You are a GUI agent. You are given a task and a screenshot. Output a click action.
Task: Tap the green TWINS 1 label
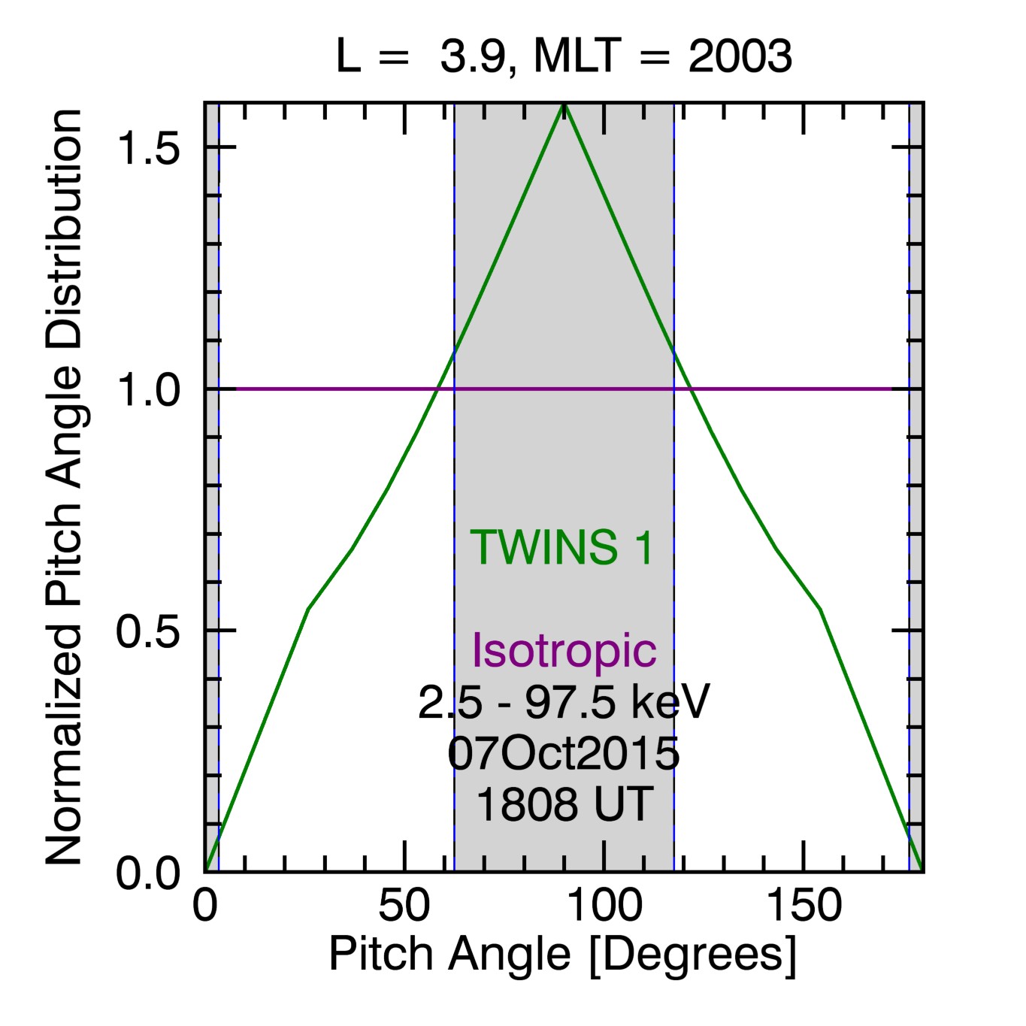(x=562, y=547)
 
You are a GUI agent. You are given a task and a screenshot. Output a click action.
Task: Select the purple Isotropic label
(x=564, y=650)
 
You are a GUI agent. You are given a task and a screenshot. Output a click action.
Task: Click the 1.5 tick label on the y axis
(x=149, y=148)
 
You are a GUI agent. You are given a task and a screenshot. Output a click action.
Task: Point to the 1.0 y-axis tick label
(x=149, y=390)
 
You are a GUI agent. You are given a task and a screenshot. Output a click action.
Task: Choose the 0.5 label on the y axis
(x=149, y=632)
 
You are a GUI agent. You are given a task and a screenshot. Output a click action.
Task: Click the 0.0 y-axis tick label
(x=149, y=873)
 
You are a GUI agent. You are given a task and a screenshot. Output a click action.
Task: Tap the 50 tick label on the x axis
(x=404, y=906)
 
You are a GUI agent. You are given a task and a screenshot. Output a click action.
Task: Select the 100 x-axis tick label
(x=604, y=906)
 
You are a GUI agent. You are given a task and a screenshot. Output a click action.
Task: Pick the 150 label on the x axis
(x=804, y=906)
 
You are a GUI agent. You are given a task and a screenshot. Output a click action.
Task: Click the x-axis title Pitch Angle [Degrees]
(x=562, y=955)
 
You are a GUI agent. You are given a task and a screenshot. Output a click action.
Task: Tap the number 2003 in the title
(x=740, y=56)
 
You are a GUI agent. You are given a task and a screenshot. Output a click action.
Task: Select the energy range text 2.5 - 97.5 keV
(x=564, y=703)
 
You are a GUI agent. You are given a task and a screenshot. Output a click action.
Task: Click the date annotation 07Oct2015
(x=564, y=753)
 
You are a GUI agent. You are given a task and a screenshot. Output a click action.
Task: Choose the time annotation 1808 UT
(x=564, y=804)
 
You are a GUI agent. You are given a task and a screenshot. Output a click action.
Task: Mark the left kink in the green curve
(x=308, y=608)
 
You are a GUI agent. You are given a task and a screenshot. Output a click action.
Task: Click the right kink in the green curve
(x=820, y=608)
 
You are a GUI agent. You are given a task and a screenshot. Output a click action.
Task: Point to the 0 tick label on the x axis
(x=204, y=906)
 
